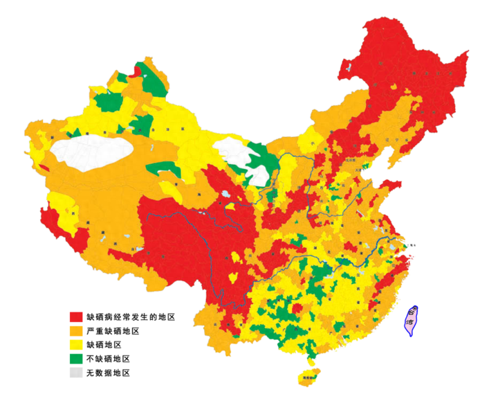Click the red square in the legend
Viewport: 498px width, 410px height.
76,317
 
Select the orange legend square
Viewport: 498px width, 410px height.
76,330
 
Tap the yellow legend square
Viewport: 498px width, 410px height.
76,344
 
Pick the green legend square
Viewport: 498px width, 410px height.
76,358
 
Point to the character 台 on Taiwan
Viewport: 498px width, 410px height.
414,314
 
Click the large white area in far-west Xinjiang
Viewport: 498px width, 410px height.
93,152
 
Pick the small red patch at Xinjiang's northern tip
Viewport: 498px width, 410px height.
137,70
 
